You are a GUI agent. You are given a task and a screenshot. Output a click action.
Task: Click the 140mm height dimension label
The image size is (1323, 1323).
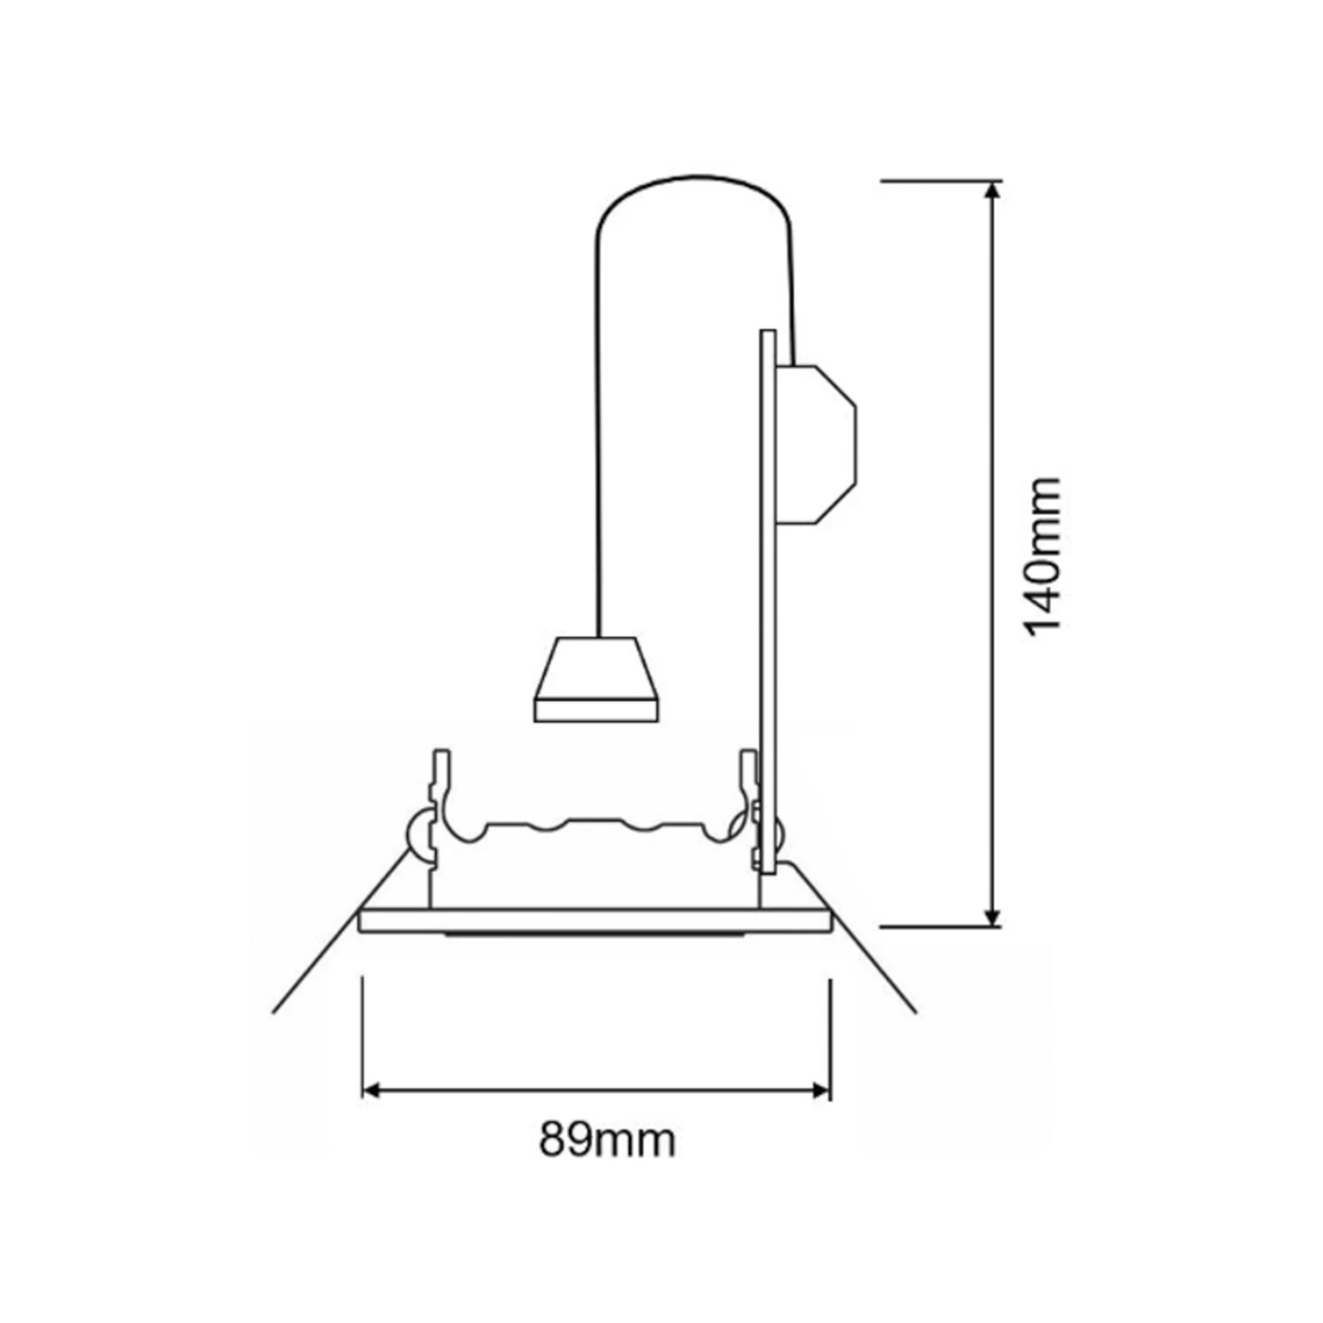tap(1043, 556)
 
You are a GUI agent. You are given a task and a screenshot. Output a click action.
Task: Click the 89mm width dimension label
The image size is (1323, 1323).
tap(608, 1140)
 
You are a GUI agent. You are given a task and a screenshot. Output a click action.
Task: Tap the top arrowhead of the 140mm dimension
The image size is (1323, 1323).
tap(993, 192)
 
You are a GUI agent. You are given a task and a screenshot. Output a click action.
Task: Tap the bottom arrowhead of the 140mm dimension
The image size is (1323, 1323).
tap(993, 915)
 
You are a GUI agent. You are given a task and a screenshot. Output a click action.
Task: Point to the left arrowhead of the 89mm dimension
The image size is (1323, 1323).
tap(374, 1091)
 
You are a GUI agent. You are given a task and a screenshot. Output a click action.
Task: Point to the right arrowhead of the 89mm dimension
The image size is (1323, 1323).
tap(818, 1091)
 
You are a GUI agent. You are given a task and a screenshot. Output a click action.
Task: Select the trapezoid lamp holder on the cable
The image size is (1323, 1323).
tap(597, 678)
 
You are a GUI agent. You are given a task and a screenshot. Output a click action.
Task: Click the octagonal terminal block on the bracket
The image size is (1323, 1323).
tap(816, 445)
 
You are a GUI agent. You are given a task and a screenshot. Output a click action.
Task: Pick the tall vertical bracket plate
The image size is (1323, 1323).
tap(767, 602)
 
